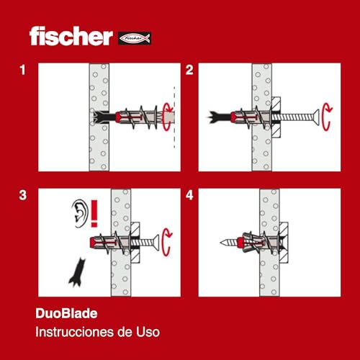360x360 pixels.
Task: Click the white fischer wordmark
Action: point(71,36)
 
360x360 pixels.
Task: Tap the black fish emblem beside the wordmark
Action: point(135,38)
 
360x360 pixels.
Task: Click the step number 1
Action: point(23,70)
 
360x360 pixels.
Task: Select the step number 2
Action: point(189,70)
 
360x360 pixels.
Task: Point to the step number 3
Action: point(23,195)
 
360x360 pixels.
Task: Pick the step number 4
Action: point(189,195)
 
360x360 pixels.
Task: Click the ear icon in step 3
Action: point(80,213)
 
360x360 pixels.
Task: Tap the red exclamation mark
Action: point(94,214)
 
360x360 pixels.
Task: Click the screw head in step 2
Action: point(316,117)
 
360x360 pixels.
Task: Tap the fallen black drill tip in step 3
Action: point(78,272)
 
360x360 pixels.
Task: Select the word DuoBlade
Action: point(66,313)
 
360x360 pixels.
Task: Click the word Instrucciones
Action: point(75,332)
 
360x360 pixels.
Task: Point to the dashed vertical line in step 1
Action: point(174,117)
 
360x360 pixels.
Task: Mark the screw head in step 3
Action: point(156,243)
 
